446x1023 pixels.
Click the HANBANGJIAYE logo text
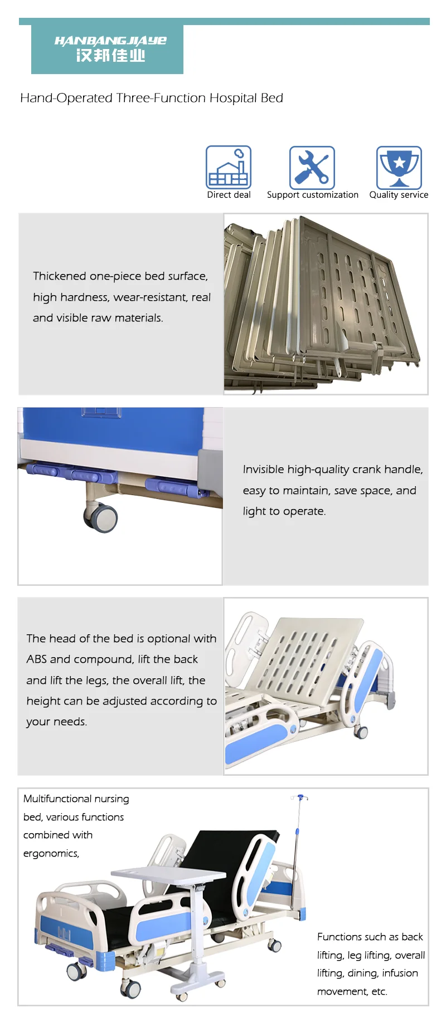[x=110, y=41]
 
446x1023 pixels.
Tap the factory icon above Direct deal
[x=229, y=168]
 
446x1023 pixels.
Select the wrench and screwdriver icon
[x=312, y=168]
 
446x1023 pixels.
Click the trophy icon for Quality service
[x=399, y=167]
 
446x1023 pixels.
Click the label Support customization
[x=312, y=195]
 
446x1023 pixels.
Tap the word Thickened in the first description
[x=59, y=276]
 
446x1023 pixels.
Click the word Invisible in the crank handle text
[x=263, y=469]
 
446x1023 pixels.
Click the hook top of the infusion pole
[x=300, y=797]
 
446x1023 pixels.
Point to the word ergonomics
[x=51, y=854]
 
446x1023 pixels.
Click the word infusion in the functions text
[x=400, y=973]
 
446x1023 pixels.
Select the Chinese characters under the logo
[x=110, y=56]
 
